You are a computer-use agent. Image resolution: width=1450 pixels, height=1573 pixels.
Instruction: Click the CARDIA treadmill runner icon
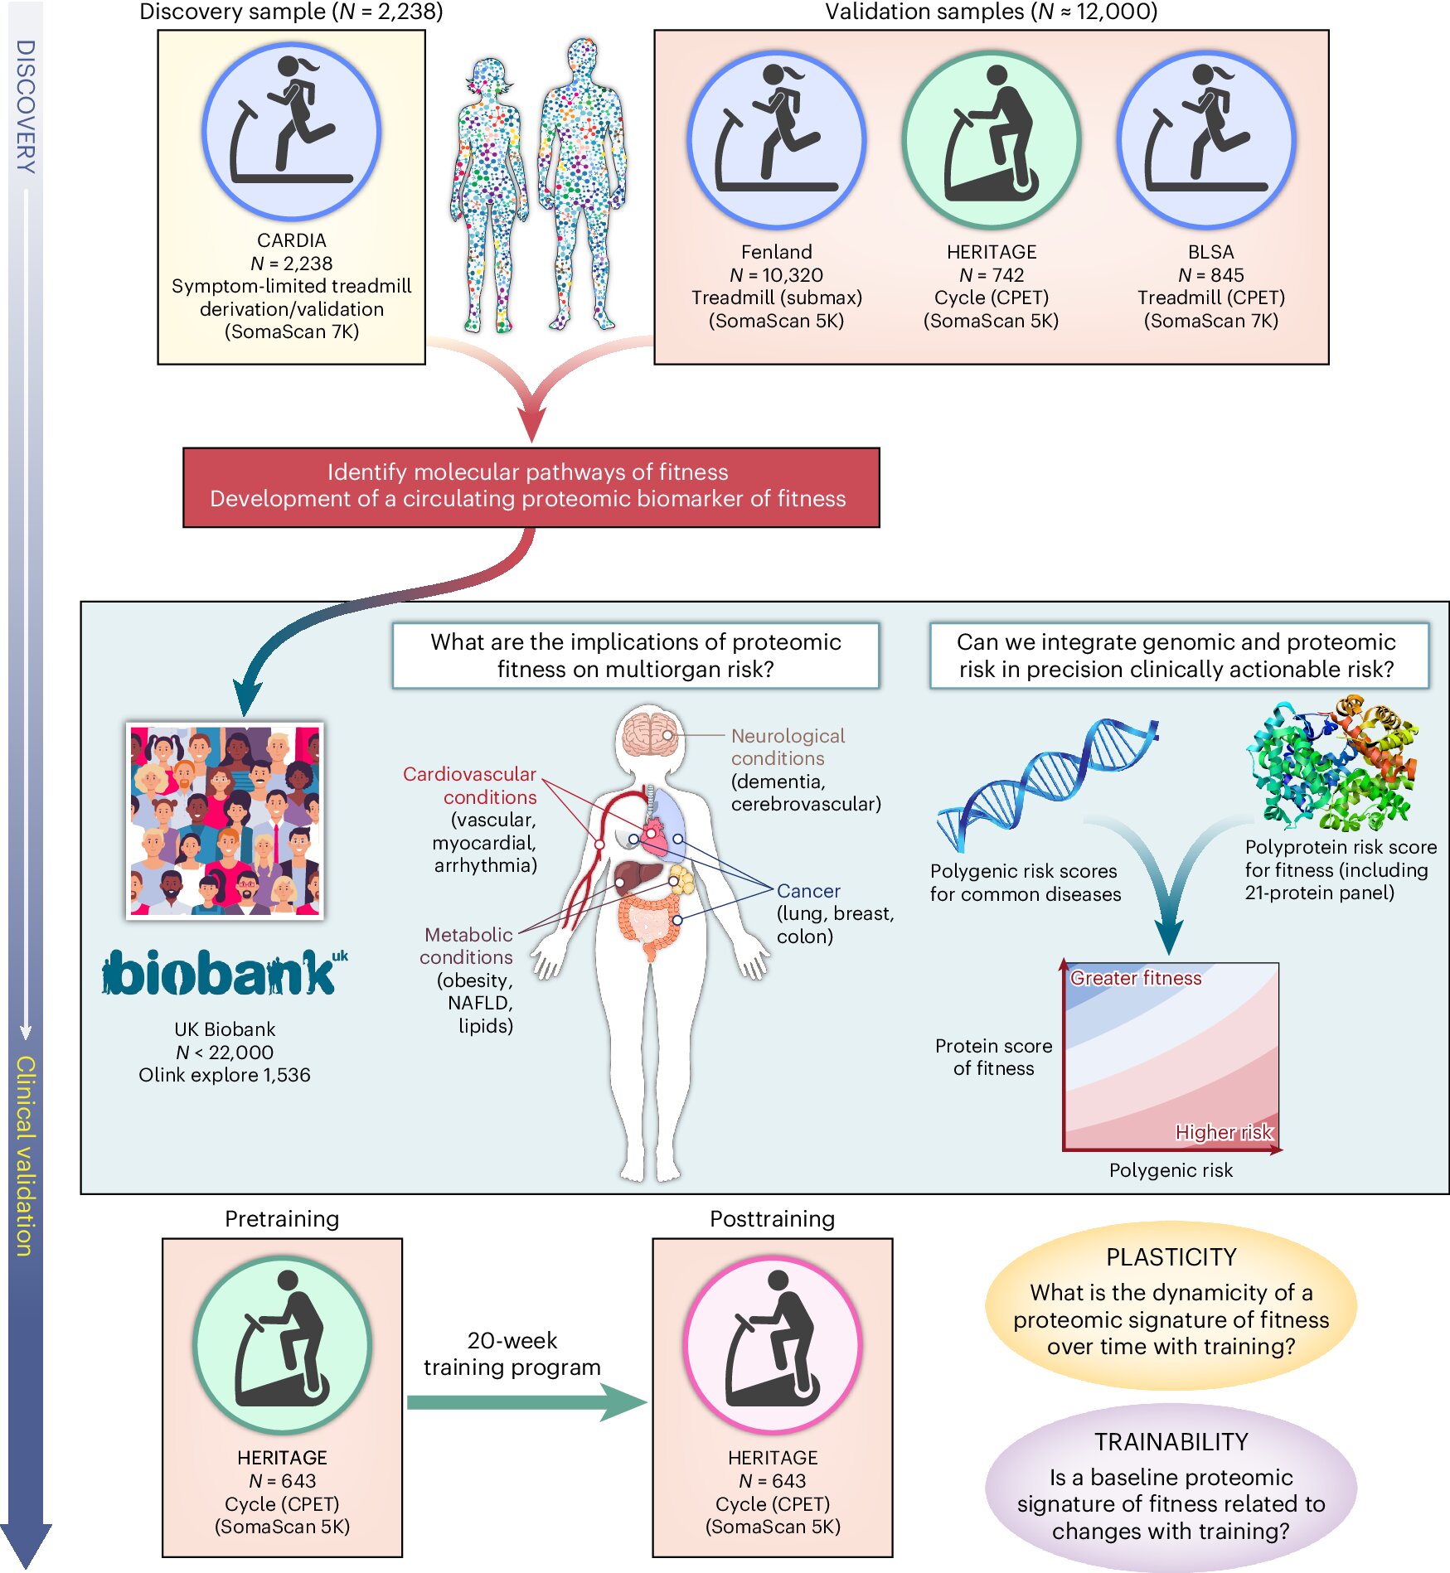[x=291, y=131]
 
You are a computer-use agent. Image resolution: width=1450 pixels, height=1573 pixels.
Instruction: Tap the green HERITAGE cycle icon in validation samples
[x=991, y=140]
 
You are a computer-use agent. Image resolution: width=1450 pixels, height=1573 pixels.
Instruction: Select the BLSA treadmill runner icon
[x=1205, y=140]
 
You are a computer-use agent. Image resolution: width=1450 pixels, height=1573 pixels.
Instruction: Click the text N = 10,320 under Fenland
[x=776, y=275]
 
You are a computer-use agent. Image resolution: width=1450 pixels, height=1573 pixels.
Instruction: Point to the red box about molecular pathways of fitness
[x=531, y=486]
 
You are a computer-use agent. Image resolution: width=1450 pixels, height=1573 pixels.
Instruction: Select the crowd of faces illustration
[x=225, y=820]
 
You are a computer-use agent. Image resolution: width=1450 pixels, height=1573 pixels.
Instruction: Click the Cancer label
[x=808, y=891]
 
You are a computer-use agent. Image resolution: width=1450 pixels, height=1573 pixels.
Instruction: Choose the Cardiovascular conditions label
[x=470, y=785]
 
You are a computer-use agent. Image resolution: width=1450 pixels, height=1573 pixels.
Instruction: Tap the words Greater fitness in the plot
[x=1135, y=978]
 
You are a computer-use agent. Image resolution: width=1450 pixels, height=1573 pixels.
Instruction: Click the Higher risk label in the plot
[x=1222, y=1132]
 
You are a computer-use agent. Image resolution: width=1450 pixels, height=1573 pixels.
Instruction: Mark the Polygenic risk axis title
[x=1170, y=1170]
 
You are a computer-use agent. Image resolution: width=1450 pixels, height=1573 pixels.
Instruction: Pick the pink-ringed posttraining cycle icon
[x=772, y=1343]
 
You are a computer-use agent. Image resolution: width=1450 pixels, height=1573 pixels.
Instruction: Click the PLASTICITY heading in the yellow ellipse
[x=1171, y=1257]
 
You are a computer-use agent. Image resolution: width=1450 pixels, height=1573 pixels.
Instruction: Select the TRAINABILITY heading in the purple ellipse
[x=1171, y=1442]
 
